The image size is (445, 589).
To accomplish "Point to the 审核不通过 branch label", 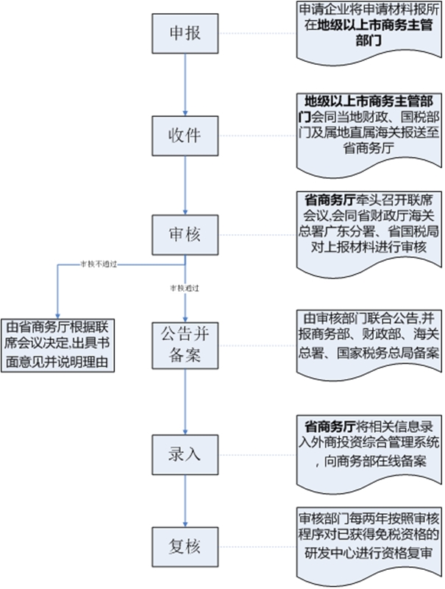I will point(99,264).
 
